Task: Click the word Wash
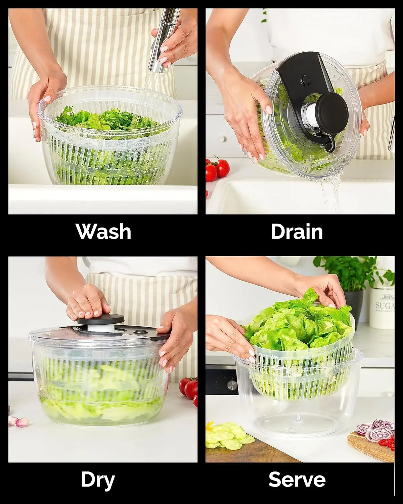pyautogui.click(x=103, y=232)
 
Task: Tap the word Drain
pyautogui.click(x=297, y=232)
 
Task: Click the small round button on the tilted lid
pyautogui.click(x=305, y=80)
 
